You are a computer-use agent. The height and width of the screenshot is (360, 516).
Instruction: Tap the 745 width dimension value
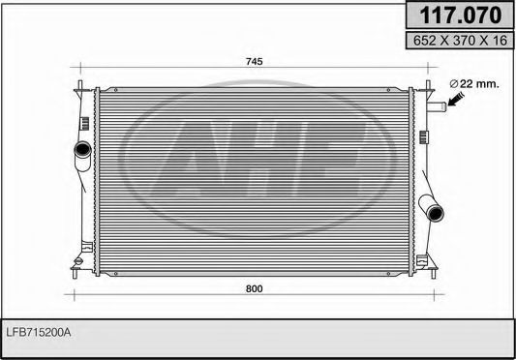254,62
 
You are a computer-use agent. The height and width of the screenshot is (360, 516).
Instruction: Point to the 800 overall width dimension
253,287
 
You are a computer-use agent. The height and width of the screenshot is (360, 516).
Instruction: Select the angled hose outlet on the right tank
432,207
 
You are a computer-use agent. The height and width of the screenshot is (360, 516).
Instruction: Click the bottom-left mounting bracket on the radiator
78,260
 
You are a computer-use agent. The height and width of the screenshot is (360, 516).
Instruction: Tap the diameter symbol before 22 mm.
453,84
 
